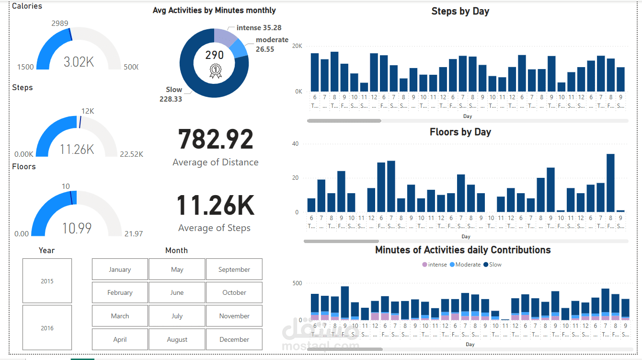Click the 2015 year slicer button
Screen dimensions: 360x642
coord(47,281)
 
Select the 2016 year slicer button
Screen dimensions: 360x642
coord(47,328)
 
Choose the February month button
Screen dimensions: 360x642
coord(120,292)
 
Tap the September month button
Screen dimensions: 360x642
coord(234,269)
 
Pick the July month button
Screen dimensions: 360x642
coord(177,316)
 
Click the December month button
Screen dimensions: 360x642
coord(234,339)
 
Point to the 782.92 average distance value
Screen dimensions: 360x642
coord(216,139)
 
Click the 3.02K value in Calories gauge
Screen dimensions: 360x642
coord(79,61)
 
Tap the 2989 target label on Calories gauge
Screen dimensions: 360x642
coord(60,23)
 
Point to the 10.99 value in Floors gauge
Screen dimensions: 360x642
coord(77,228)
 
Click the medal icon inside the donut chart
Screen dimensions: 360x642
coord(215,71)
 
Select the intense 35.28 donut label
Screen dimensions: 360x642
coord(259,28)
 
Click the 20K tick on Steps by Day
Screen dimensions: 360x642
coord(298,46)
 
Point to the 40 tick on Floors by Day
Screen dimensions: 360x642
coord(295,144)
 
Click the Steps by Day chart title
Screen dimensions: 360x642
coord(460,11)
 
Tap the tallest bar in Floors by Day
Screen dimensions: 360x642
coord(610,183)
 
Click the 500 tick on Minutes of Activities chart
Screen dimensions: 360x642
coord(297,283)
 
